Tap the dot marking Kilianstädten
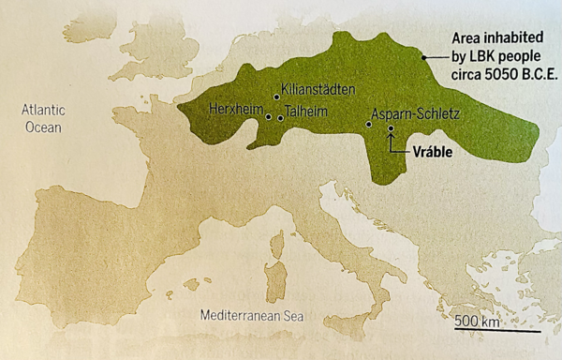coord(276,97)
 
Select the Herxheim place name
coord(235,108)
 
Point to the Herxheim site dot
coord(269,117)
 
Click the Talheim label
coord(308,109)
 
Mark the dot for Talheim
coord(280,118)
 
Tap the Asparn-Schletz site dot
coord(368,122)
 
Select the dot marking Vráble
coord(391,128)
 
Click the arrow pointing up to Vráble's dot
coord(392,142)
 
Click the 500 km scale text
coord(479,322)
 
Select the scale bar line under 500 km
coord(496,331)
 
